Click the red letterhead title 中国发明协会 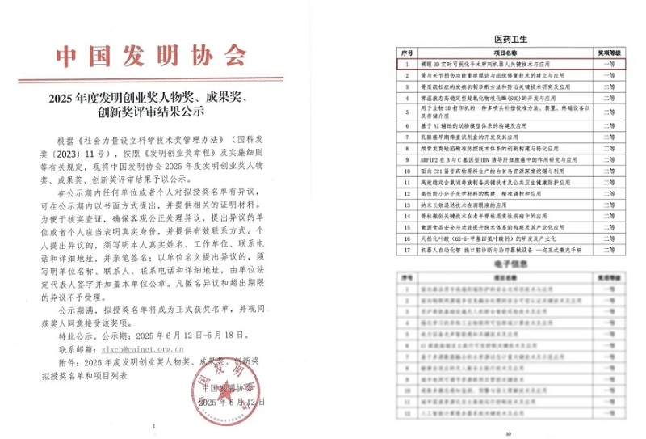tap(150, 56)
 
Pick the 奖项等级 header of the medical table tap(608, 51)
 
